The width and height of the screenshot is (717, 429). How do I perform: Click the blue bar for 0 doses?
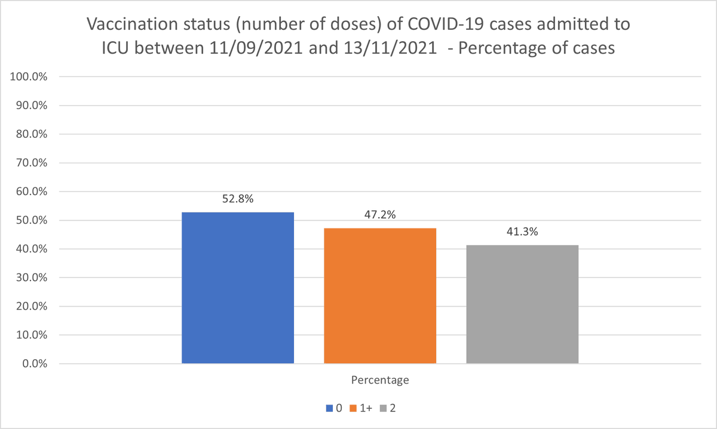pos(238,288)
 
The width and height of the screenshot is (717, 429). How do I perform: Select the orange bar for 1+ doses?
pos(380,295)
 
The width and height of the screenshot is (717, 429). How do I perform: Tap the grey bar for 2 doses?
pos(522,304)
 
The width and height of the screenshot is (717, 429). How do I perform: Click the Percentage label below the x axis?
pos(380,379)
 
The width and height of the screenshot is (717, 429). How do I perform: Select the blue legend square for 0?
pos(329,409)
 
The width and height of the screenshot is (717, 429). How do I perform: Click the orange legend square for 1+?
pos(353,409)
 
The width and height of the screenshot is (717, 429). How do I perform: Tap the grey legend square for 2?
pos(384,409)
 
